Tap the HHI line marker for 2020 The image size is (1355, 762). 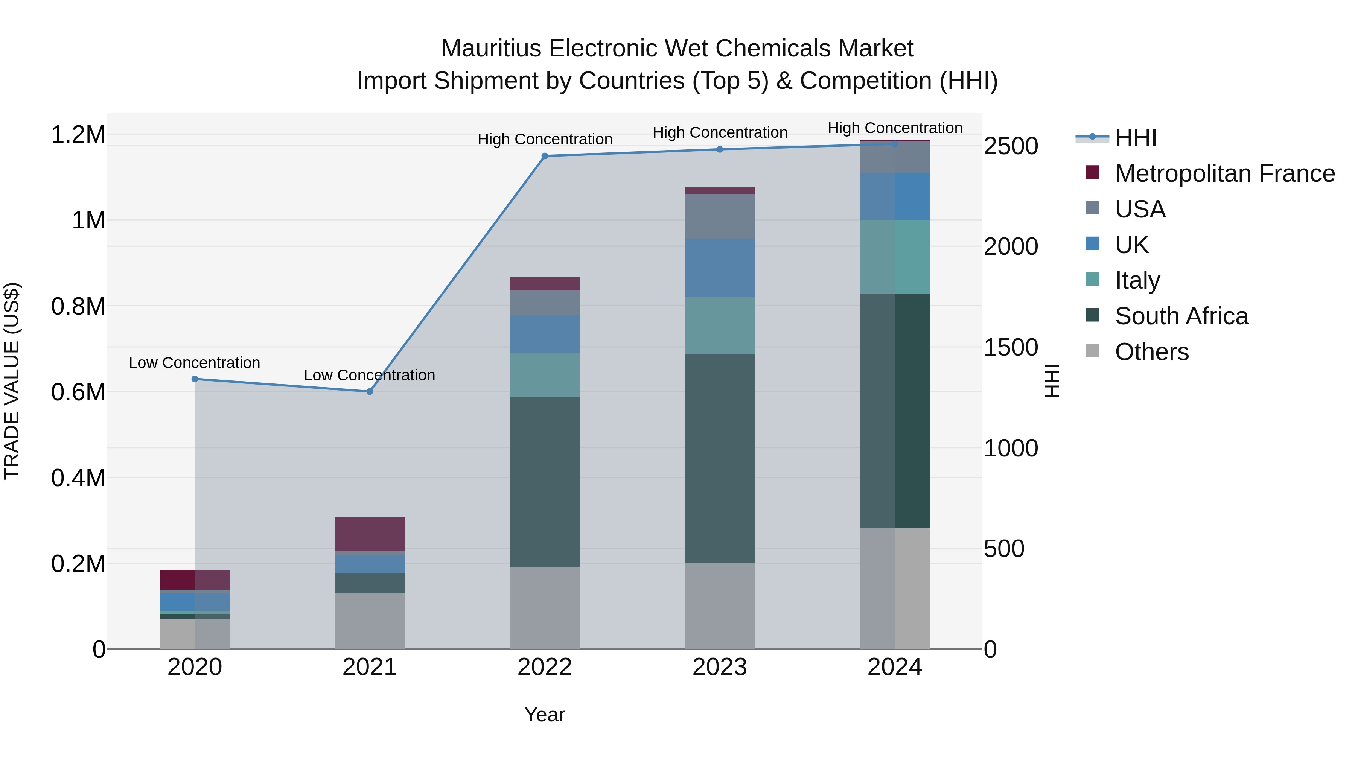(x=195, y=379)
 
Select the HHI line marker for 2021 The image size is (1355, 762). (x=370, y=392)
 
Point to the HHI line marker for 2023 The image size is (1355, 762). (x=720, y=149)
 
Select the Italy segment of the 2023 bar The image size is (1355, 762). (x=720, y=325)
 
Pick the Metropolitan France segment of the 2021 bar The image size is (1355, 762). (x=370, y=534)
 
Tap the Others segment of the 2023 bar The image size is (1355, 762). (x=720, y=606)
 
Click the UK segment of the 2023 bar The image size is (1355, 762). (x=720, y=268)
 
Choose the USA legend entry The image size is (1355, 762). (x=1139, y=209)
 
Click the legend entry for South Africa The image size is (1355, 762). (x=1181, y=316)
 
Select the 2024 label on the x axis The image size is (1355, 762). (x=894, y=667)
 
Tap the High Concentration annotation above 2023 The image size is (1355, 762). (x=720, y=132)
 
